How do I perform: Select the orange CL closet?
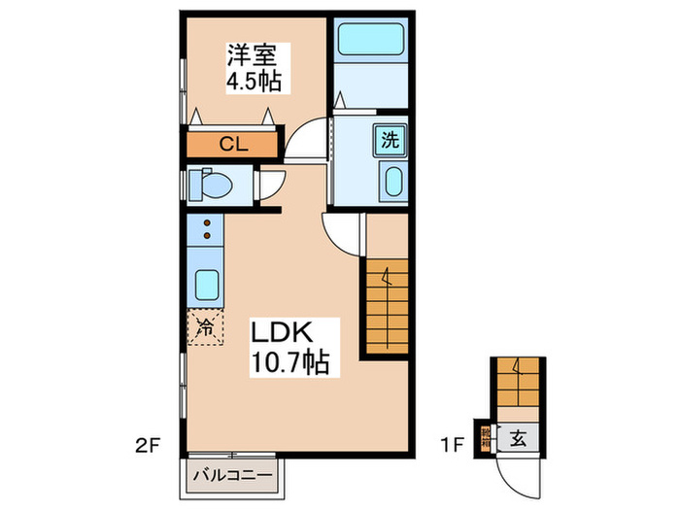[232, 146]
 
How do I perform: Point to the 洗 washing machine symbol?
[391, 138]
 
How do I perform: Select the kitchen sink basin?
[206, 284]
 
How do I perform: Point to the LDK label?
[283, 333]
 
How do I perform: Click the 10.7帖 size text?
[290, 364]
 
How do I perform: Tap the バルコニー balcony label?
[231, 477]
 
